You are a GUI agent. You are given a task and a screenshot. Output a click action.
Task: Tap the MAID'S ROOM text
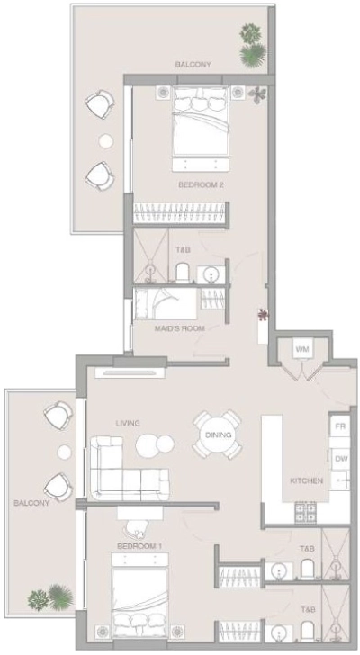(x=179, y=328)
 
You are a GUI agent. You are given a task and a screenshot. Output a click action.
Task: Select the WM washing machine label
(x=301, y=348)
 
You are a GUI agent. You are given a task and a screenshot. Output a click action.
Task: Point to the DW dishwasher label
(x=340, y=459)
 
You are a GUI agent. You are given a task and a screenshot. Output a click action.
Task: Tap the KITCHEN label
(x=306, y=481)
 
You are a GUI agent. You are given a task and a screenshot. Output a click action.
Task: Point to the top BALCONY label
(x=193, y=65)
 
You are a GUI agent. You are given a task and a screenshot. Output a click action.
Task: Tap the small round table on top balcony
(x=106, y=140)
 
